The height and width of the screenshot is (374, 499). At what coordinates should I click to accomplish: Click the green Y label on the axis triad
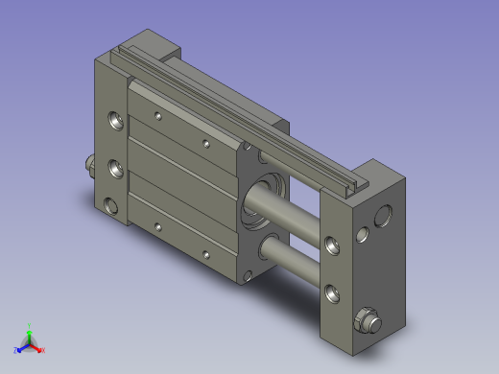coord(30,326)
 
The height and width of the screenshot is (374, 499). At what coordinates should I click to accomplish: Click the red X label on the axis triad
coord(43,351)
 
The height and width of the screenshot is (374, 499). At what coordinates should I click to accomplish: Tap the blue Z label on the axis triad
coord(16,350)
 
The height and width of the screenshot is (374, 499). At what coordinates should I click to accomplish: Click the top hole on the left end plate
coord(116,122)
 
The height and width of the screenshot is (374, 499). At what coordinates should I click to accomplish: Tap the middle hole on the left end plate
coord(116,167)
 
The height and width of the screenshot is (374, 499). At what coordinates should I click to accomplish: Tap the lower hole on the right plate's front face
coord(332,291)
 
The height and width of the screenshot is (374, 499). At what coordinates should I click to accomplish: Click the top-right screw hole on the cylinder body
coord(206,144)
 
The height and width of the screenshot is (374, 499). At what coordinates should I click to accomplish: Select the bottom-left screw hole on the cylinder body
coord(158,226)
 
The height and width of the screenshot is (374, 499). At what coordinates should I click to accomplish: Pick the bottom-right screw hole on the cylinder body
coord(204,254)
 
